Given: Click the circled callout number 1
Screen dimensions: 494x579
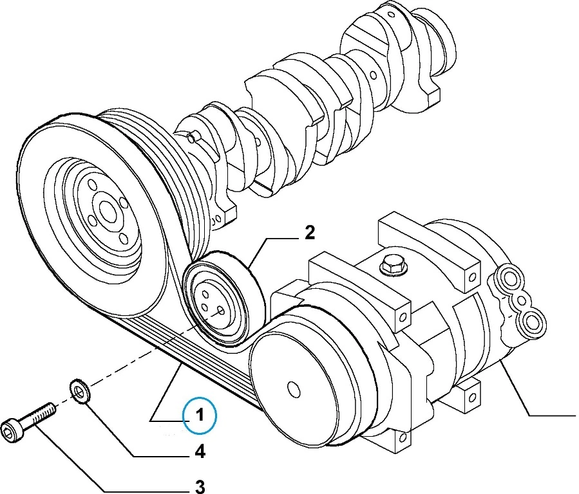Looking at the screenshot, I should point(200,416).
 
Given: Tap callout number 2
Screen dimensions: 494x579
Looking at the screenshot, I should point(310,233).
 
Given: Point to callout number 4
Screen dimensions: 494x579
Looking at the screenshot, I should point(200,453).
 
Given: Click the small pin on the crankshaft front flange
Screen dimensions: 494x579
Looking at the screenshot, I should point(193,137).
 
